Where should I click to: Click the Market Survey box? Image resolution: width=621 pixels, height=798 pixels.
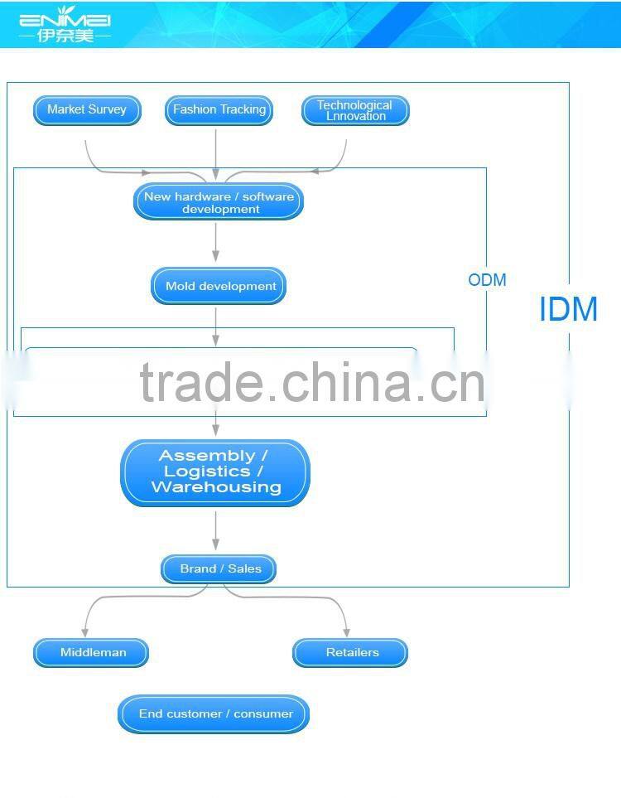click(87, 110)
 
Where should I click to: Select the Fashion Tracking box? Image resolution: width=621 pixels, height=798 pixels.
click(219, 110)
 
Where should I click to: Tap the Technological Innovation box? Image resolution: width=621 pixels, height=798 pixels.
click(355, 110)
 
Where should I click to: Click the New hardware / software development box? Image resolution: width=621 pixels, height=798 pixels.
click(219, 202)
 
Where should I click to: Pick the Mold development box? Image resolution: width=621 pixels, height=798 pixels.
click(219, 286)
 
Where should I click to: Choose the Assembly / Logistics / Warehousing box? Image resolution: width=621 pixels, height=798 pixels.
click(215, 473)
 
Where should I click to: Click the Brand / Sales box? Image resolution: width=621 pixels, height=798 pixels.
click(219, 569)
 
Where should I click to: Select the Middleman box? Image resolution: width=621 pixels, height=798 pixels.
click(91, 652)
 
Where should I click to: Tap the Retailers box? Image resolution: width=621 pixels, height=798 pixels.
click(350, 652)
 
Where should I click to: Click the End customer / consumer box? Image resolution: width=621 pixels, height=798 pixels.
click(214, 714)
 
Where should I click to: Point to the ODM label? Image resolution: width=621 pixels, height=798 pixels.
click(487, 280)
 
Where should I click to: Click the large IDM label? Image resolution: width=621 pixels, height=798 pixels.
click(568, 309)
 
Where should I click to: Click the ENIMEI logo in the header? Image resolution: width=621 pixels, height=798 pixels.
click(65, 24)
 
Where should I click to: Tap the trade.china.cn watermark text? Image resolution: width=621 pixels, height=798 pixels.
click(312, 382)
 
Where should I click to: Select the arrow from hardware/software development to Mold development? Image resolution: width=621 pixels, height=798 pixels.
click(215, 242)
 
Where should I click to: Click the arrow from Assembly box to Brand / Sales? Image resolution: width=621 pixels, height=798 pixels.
click(215, 530)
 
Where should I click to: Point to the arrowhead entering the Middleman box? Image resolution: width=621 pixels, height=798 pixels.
click(85, 632)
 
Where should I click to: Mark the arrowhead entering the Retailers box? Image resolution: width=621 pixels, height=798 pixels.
click(346, 632)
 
